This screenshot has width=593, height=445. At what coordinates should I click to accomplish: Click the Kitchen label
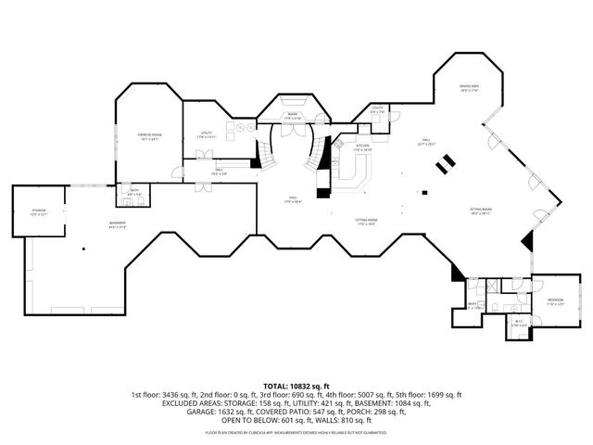point(362,147)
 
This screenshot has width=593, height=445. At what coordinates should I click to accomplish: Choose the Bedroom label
point(554,301)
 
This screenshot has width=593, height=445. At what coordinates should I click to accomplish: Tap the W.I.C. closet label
point(518,323)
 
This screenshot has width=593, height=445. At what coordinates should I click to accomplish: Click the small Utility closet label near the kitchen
point(377,109)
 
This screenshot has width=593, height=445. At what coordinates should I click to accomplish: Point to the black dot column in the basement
point(82,248)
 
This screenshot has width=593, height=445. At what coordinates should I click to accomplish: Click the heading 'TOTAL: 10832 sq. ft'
point(296,386)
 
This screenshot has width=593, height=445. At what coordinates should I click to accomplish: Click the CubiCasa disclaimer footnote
point(296,432)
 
